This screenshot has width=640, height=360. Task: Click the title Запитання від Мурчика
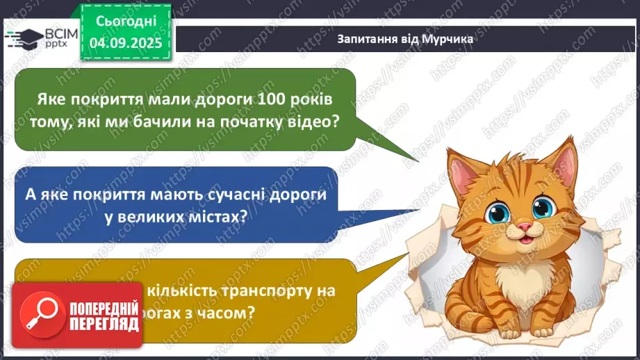click(404, 39)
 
